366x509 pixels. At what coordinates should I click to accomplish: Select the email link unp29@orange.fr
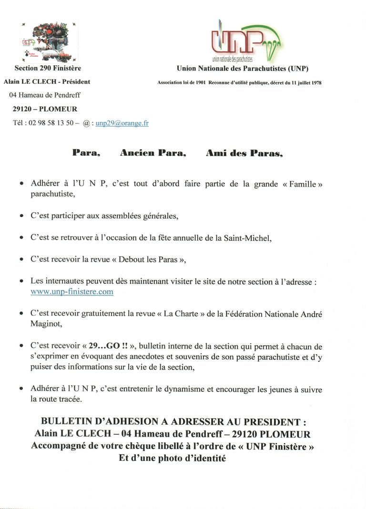point(122,123)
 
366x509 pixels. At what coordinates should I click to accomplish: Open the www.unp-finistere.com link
point(72,292)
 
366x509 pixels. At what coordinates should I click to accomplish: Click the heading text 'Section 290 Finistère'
point(48,69)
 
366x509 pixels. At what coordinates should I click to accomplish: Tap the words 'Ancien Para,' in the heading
point(152,153)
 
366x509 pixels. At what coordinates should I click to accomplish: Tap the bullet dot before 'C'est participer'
point(21,216)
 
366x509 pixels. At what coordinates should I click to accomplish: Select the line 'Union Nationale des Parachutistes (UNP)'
point(242,69)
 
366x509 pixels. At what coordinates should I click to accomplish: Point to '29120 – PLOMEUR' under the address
point(45,109)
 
